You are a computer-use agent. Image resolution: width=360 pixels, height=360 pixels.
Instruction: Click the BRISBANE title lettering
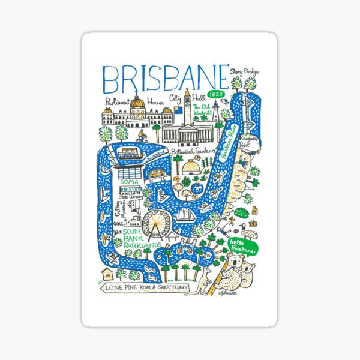166,77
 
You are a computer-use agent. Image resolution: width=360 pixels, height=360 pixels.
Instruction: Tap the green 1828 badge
216,95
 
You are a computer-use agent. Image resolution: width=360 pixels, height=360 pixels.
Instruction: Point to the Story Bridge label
247,72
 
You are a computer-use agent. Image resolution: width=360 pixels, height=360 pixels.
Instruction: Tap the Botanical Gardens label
192,152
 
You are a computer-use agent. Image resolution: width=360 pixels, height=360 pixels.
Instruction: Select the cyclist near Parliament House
142,136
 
